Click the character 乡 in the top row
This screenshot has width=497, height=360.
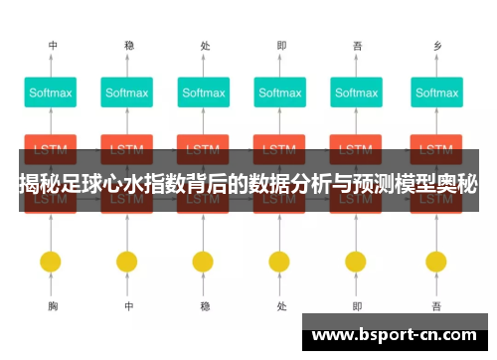(x=436, y=46)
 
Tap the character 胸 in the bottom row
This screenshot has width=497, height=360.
(x=52, y=307)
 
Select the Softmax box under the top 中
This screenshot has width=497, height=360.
(x=51, y=93)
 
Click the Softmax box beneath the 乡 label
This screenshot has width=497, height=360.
(x=436, y=93)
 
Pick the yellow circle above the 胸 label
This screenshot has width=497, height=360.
(x=51, y=262)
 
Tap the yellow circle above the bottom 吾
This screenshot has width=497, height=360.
(x=436, y=262)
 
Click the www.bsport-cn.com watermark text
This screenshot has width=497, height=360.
(x=395, y=335)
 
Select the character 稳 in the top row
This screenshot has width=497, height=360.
(x=128, y=46)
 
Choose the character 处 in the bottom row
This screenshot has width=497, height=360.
(x=281, y=307)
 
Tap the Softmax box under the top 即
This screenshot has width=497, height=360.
(x=281, y=93)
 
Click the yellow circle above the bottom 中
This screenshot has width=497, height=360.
(x=126, y=262)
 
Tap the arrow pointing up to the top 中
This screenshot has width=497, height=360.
(x=51, y=66)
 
